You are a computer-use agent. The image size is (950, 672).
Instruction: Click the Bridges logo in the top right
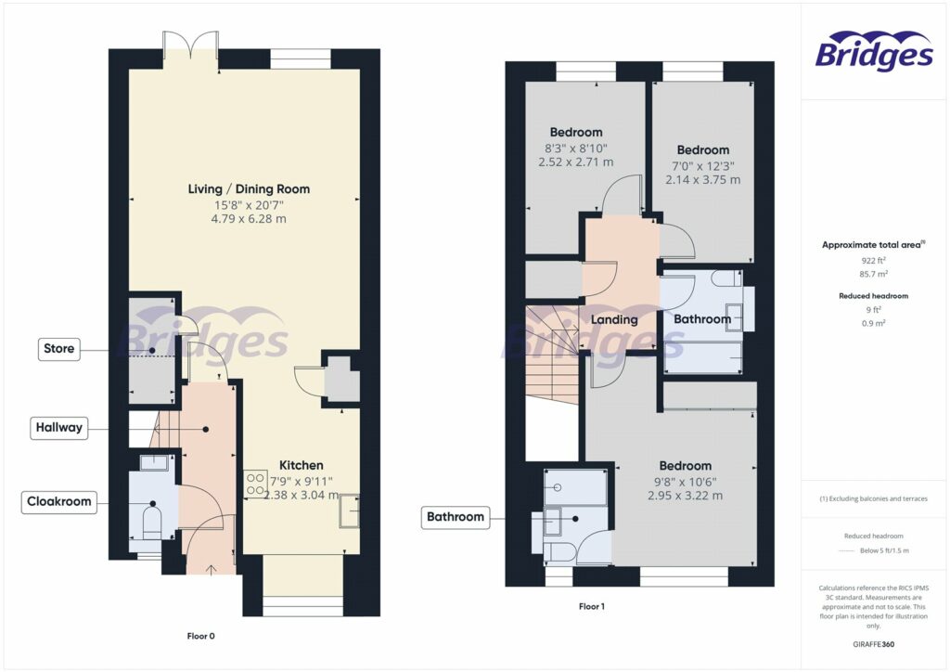[874, 51]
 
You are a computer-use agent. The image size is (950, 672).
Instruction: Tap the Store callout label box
[59, 349]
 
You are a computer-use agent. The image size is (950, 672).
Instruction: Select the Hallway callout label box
[58, 428]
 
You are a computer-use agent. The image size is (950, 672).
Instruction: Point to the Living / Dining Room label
[249, 189]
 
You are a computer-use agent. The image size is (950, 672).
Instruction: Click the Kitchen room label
[302, 465]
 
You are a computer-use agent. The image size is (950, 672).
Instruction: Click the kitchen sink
[350, 511]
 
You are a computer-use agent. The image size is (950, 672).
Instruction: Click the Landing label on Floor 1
[614, 319]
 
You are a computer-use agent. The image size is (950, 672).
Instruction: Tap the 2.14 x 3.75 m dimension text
[702, 180]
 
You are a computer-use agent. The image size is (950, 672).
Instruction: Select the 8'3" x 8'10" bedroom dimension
[575, 148]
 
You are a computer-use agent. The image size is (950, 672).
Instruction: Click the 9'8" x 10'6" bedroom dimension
[685, 481]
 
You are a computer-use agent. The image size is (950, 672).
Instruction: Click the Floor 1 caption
[591, 606]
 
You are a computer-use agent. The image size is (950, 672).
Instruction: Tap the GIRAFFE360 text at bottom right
[872, 643]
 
